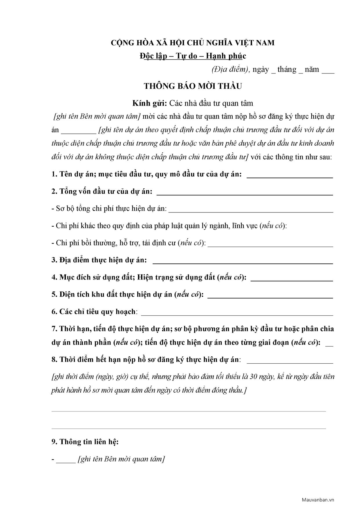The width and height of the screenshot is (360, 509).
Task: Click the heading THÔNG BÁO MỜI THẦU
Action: (193, 86)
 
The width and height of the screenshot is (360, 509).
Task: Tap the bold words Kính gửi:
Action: (150, 103)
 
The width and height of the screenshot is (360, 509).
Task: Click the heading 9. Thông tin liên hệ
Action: (85, 442)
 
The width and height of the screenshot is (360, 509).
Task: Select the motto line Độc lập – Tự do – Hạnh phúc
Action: (193, 56)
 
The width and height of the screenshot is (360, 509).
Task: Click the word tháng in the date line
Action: (287, 70)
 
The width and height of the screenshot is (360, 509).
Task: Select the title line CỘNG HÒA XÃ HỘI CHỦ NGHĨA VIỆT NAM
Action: (193, 43)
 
